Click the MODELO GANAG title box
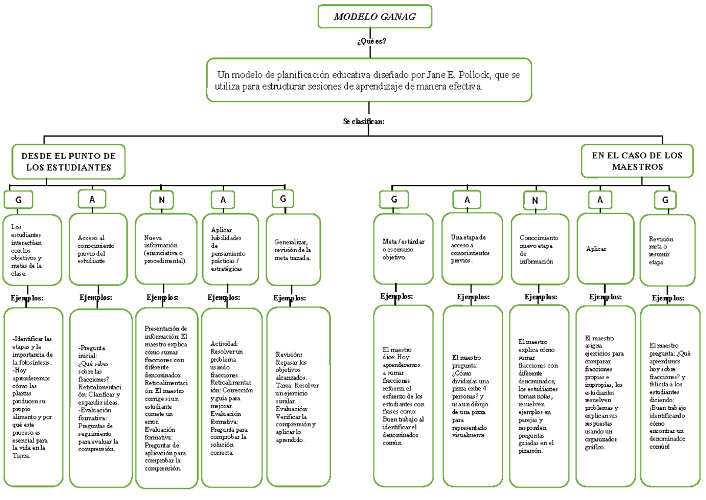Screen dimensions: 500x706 coord(374,16)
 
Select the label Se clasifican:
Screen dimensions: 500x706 coord(364,121)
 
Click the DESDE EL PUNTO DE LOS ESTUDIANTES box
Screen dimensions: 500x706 coord(69,162)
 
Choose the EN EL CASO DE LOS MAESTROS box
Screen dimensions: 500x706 coord(637,161)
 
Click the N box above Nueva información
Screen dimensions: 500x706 coord(161,200)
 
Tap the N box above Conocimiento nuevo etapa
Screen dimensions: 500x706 coord(535,201)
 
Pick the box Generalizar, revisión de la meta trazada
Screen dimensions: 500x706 coord(293,250)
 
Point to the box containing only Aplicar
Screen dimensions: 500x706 coord(605,249)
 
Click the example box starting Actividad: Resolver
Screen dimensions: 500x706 coord(231,398)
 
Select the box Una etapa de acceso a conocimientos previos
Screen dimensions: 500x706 coord(472,249)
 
